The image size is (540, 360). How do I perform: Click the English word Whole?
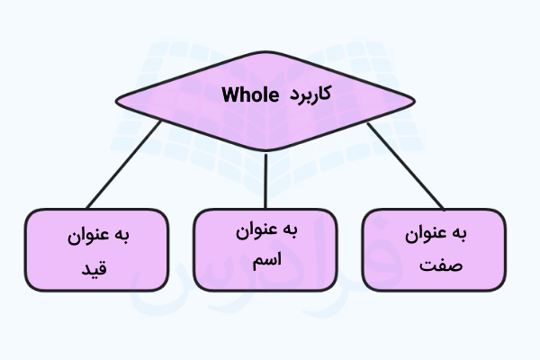250,94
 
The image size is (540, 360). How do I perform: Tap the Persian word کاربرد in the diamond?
310,93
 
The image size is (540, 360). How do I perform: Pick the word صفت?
441,265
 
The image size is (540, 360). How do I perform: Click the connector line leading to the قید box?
123,165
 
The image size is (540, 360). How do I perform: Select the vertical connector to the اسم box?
265,181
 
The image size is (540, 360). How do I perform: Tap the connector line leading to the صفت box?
406,166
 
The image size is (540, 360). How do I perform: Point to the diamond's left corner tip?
116,102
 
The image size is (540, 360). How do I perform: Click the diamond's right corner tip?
415,102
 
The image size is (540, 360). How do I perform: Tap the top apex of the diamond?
265,52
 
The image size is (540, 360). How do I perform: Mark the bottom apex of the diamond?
265,150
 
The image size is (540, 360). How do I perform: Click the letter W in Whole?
230,94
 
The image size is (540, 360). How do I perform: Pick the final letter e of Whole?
274,97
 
